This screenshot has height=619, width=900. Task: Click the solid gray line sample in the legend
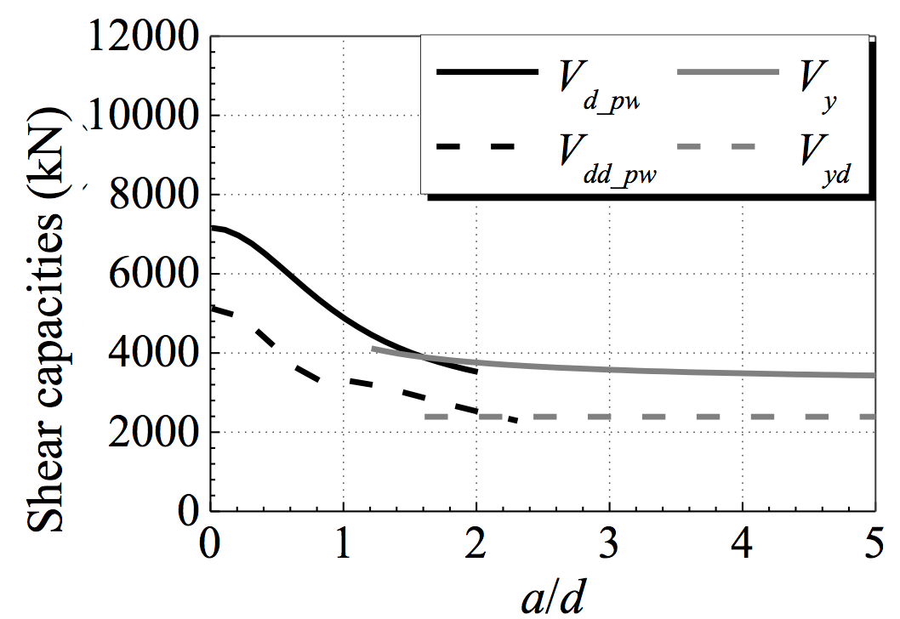pyautogui.click(x=727, y=74)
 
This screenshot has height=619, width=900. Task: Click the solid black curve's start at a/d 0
pyautogui.click(x=212, y=227)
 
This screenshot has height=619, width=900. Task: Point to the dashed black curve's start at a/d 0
pyautogui.click(x=212, y=308)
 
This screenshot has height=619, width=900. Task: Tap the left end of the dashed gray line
pyautogui.click(x=426, y=417)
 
